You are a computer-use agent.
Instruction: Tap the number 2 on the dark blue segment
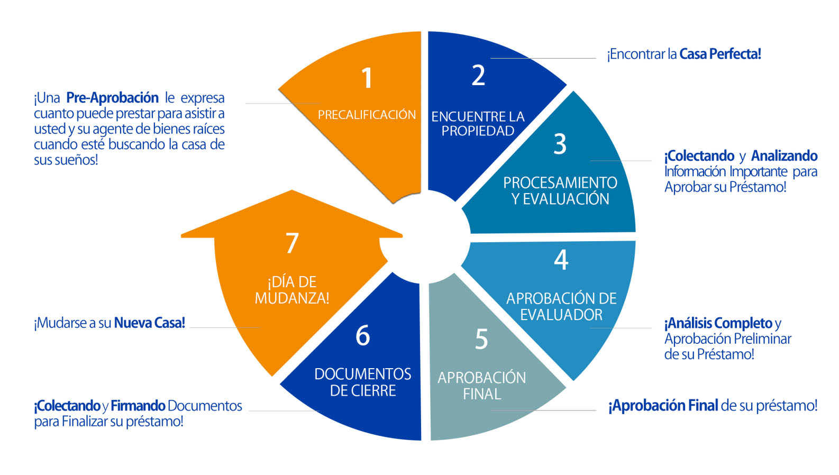(x=478, y=75)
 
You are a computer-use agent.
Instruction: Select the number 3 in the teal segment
(x=560, y=144)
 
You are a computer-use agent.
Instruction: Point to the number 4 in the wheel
(x=561, y=259)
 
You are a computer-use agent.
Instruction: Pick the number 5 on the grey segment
(x=481, y=339)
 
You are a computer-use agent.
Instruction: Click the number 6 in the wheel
(x=362, y=335)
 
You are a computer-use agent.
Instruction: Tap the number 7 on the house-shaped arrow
(x=292, y=243)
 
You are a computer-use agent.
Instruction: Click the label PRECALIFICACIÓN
(x=367, y=115)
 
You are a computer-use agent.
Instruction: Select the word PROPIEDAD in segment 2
(x=478, y=131)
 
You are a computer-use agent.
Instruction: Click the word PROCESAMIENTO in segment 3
(x=560, y=183)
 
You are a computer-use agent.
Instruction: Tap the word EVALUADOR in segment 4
(x=561, y=315)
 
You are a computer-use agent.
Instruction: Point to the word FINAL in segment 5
(x=482, y=394)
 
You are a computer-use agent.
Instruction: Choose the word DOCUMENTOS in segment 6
(x=362, y=374)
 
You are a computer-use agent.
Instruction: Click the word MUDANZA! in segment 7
(x=292, y=298)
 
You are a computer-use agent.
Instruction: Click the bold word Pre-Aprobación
(x=112, y=98)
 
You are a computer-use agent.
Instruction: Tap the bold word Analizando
(x=785, y=156)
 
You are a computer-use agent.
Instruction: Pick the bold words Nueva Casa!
(x=150, y=323)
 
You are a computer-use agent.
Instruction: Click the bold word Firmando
(x=138, y=406)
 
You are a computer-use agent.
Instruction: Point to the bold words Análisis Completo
(x=718, y=323)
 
